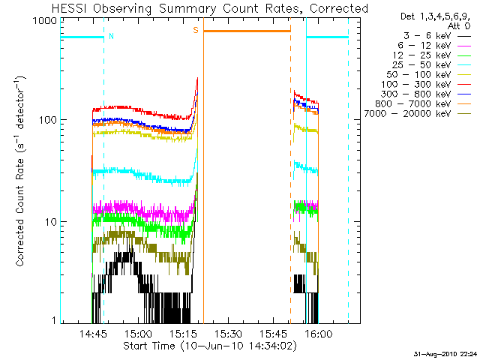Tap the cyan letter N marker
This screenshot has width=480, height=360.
[112, 35]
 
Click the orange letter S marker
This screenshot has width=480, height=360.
[196, 31]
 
